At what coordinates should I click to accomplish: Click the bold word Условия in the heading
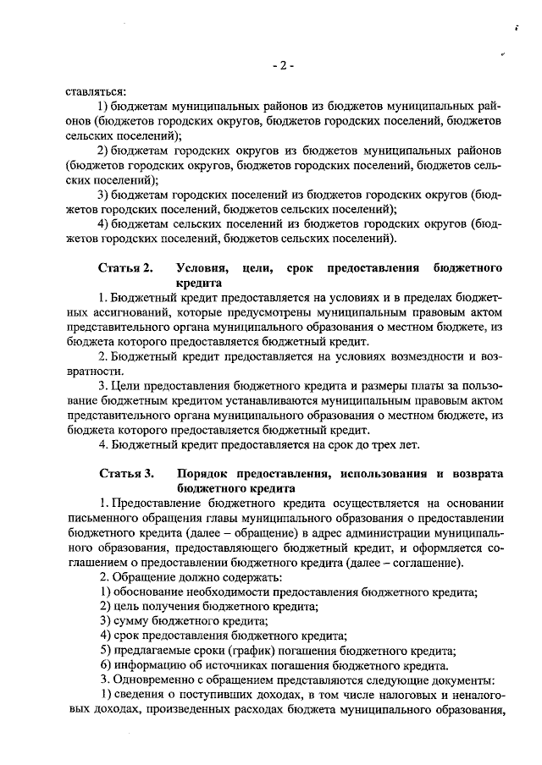click(x=202, y=268)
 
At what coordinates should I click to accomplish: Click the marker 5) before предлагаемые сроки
click(x=106, y=651)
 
